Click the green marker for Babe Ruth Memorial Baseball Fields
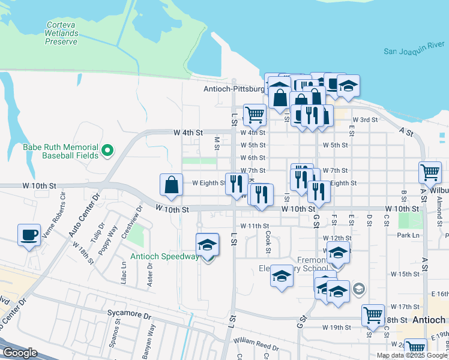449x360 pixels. tap(107, 150)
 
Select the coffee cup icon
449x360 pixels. tap(29, 235)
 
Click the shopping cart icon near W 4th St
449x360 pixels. tap(255, 115)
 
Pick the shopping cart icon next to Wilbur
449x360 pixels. tap(430, 173)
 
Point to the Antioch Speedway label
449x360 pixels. tap(165, 257)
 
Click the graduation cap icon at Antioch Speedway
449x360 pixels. tap(208, 244)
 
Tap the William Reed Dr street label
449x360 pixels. tap(256, 344)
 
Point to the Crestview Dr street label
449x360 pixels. tap(131, 222)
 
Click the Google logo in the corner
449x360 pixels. tap(19, 353)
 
